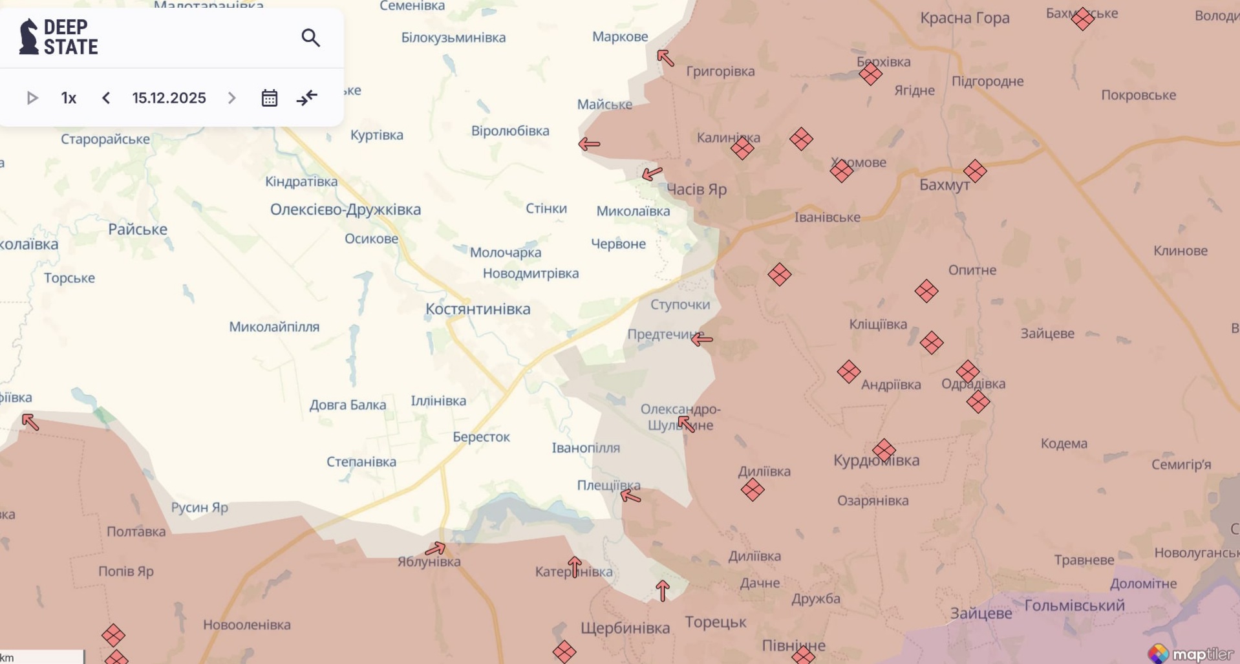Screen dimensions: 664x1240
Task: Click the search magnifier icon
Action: (310, 38)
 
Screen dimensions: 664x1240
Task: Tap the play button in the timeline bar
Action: (32, 98)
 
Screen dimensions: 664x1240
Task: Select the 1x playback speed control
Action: (69, 98)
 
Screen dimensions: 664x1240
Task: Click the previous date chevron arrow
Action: (106, 98)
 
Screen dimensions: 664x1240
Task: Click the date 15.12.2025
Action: (169, 98)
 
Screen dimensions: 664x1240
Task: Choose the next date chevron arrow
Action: (231, 98)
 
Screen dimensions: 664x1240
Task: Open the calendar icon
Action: (270, 98)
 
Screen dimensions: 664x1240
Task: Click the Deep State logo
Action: (59, 37)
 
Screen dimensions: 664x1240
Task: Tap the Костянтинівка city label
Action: (478, 309)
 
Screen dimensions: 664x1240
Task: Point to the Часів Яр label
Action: (696, 189)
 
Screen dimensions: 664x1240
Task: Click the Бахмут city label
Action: (944, 185)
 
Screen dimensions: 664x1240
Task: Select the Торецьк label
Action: (715, 622)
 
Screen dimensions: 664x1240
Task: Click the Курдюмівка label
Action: (876, 460)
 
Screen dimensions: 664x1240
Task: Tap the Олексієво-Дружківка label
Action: (345, 209)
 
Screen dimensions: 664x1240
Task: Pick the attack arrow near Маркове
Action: (665, 58)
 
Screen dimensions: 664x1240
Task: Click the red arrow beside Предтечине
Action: (701, 339)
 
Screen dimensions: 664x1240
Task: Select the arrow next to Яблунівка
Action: (435, 550)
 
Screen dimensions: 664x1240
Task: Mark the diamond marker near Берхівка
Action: (870, 74)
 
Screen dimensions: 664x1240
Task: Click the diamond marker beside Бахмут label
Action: (974, 171)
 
